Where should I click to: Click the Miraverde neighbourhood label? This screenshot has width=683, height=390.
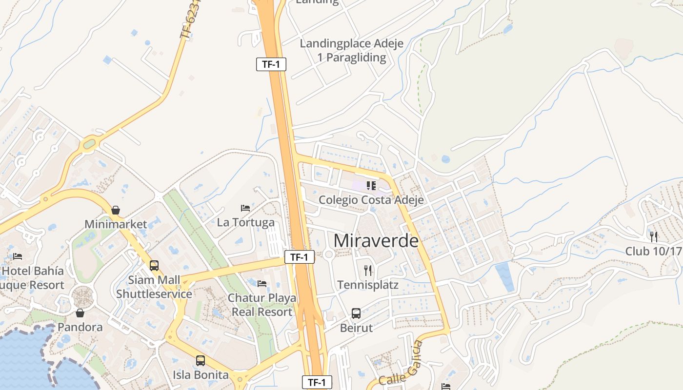(376, 241)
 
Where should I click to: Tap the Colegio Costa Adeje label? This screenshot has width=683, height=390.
(371, 200)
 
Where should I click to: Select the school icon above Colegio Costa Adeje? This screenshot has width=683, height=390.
(371, 185)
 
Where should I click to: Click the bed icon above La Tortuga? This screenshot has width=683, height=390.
(245, 208)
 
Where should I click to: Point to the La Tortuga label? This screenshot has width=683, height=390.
(245, 222)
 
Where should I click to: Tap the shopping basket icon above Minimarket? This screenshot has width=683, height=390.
(116, 210)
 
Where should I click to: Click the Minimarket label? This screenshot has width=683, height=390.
(116, 224)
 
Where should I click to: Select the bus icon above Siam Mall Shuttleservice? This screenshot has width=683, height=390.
(154, 266)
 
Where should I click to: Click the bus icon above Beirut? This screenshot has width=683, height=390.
(356, 313)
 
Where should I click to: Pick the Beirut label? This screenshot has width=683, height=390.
(356, 328)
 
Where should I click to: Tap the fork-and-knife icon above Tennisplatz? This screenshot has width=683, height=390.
(368, 270)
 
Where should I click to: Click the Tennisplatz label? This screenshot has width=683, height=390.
(368, 285)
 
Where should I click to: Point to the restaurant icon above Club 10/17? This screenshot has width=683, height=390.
(654, 237)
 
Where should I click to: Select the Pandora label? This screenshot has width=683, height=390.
(80, 327)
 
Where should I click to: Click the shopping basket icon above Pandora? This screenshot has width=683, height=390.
(80, 312)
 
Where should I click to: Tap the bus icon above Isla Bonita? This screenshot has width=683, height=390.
(201, 361)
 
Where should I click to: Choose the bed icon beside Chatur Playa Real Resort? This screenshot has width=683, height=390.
(262, 283)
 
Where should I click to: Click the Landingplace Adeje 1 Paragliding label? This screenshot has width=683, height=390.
(351, 51)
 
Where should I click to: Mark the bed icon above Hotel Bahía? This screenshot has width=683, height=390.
(18, 256)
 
